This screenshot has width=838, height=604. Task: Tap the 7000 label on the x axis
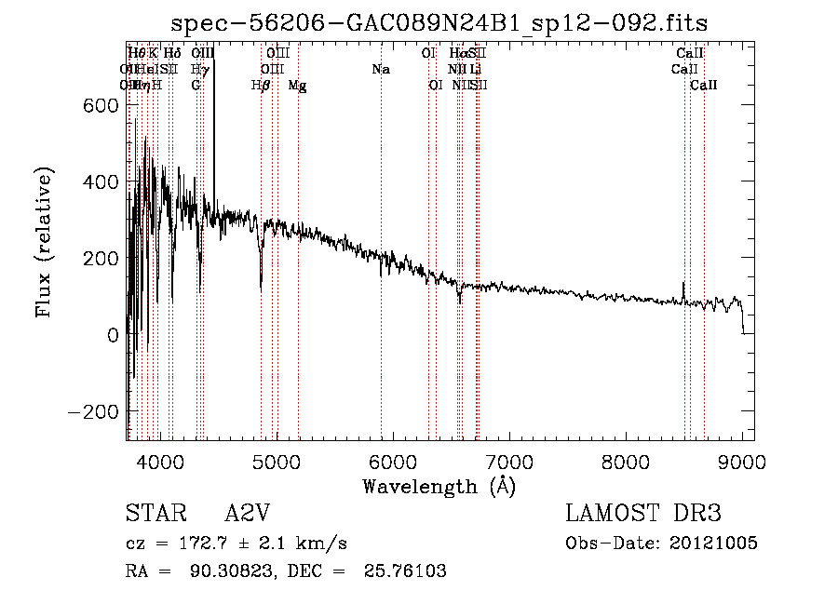509,463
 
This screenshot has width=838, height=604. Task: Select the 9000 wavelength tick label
742,463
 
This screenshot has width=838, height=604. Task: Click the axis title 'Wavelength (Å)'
439,486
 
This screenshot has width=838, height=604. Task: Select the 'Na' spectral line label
380,70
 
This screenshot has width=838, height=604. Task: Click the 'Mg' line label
297,86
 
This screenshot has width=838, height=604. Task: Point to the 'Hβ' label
262,86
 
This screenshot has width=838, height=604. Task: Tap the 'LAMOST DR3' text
643,514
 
